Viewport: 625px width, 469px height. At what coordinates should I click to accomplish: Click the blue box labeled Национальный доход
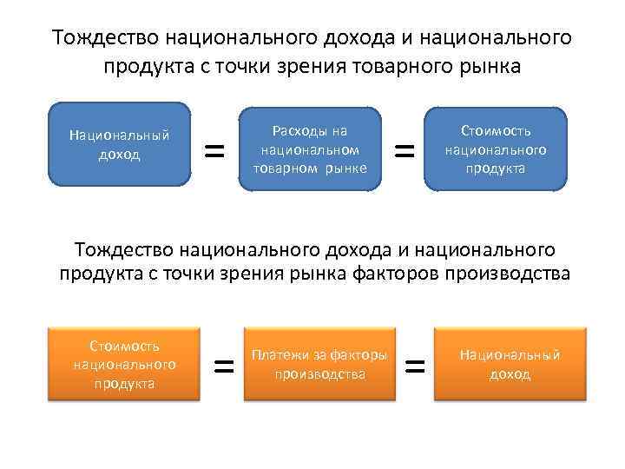[x=120, y=144]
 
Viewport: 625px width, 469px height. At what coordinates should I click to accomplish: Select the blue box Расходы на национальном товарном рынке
[x=310, y=149]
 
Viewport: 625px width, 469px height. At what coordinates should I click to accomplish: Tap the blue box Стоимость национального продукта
[x=495, y=149]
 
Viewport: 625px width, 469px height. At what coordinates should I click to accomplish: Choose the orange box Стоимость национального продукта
[x=123, y=364]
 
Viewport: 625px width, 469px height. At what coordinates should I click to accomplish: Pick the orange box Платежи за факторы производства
[x=319, y=364]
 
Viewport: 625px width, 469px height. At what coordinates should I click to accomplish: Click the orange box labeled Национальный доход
[x=510, y=364]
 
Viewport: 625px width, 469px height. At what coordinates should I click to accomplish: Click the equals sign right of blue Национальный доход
[x=214, y=151]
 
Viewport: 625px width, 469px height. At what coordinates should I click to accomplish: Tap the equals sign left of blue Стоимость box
[x=404, y=151]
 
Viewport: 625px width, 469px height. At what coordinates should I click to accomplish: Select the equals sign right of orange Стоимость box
[x=225, y=367]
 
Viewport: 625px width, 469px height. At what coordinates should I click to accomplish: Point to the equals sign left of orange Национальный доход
[x=416, y=367]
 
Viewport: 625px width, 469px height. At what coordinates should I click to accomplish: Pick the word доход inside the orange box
[x=510, y=374]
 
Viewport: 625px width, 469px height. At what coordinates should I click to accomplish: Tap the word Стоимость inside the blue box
[x=495, y=131]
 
